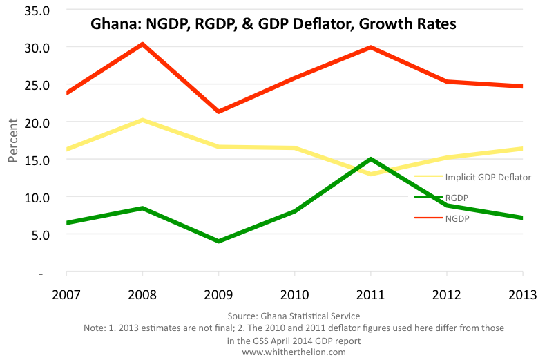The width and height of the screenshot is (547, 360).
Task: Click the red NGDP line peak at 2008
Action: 142,44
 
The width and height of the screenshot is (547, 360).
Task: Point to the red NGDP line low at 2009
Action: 219,111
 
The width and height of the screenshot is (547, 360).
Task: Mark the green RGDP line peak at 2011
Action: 371,159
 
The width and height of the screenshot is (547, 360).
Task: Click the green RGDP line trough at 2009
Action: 219,241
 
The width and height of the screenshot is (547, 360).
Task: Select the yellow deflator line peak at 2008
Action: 142,120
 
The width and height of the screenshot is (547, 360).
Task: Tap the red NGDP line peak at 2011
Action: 371,47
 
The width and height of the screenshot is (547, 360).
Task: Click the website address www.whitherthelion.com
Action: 294,352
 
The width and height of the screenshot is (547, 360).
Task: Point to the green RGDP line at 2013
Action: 521,218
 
